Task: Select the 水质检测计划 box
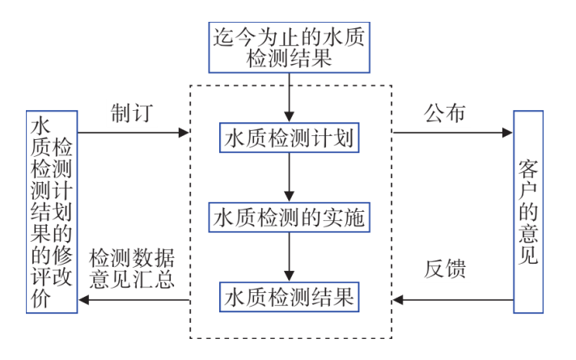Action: [x=289, y=138]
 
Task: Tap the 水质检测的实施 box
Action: [x=289, y=218]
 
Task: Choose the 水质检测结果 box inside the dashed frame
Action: [x=289, y=296]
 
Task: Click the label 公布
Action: [x=445, y=112]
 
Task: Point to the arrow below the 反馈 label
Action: [x=453, y=301]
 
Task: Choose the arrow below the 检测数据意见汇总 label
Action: [x=133, y=301]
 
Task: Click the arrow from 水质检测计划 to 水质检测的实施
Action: [x=289, y=178]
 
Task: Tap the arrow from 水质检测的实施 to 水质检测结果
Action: [x=289, y=257]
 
